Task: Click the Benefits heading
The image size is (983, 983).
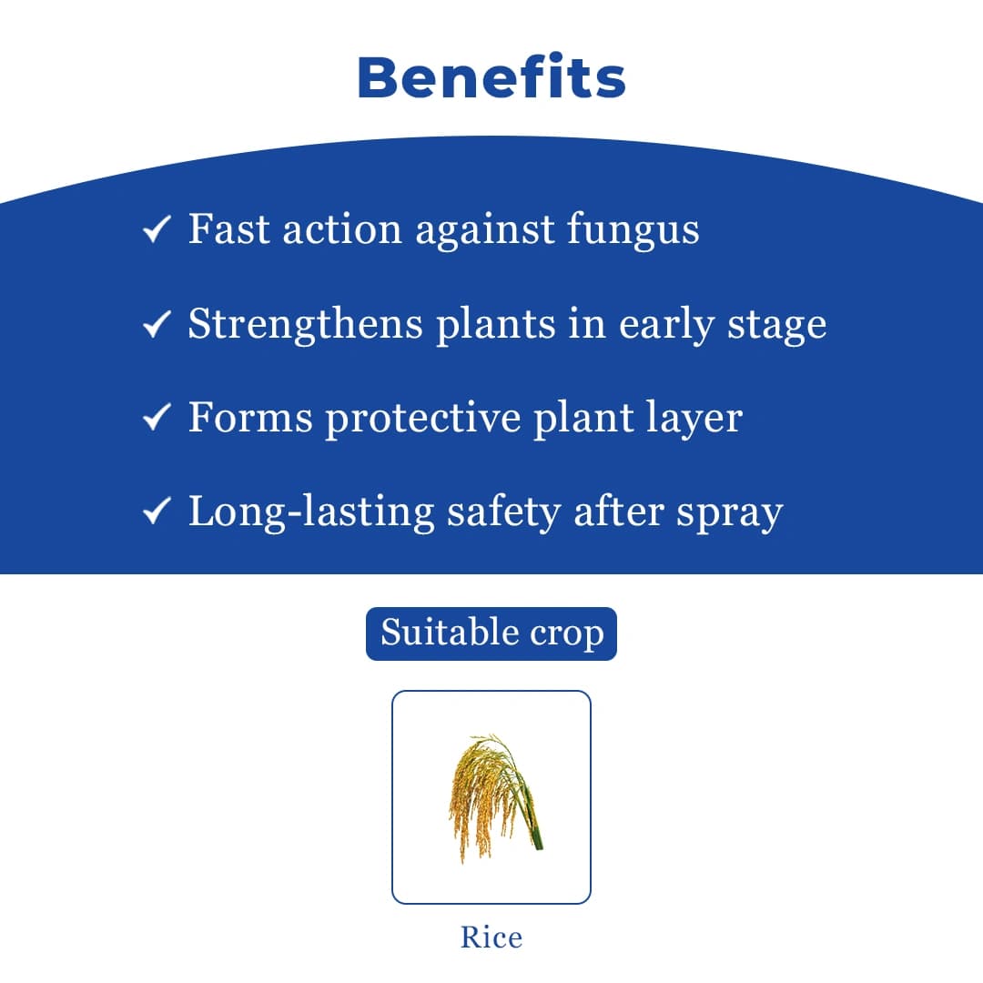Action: [491, 78]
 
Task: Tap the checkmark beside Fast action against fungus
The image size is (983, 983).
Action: [157, 230]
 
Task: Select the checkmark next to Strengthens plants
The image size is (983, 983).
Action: [157, 324]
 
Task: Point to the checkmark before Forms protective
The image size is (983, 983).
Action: [157, 419]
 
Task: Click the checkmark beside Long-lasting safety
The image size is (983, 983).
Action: [157, 513]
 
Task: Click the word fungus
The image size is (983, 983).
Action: [633, 230]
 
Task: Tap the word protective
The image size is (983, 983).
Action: [423, 419]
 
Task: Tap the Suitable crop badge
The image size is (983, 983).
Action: [491, 633]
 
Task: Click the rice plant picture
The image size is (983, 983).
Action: [491, 797]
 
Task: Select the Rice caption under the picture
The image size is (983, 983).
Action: [491, 937]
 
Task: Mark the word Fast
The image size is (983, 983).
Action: [228, 228]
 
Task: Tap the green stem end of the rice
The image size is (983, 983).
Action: [536, 839]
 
